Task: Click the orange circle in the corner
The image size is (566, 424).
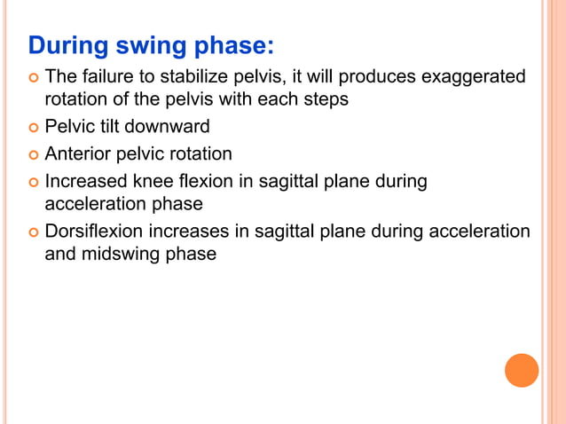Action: click(x=522, y=370)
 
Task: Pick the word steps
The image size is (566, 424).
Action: click(x=323, y=99)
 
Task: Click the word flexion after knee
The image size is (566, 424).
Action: click(x=201, y=181)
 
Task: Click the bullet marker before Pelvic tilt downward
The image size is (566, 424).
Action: click(x=33, y=128)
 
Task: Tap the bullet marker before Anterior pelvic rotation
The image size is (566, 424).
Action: click(x=33, y=154)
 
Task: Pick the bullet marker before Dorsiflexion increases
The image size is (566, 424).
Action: click(x=33, y=232)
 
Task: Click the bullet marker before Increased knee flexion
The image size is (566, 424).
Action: click(x=33, y=182)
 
